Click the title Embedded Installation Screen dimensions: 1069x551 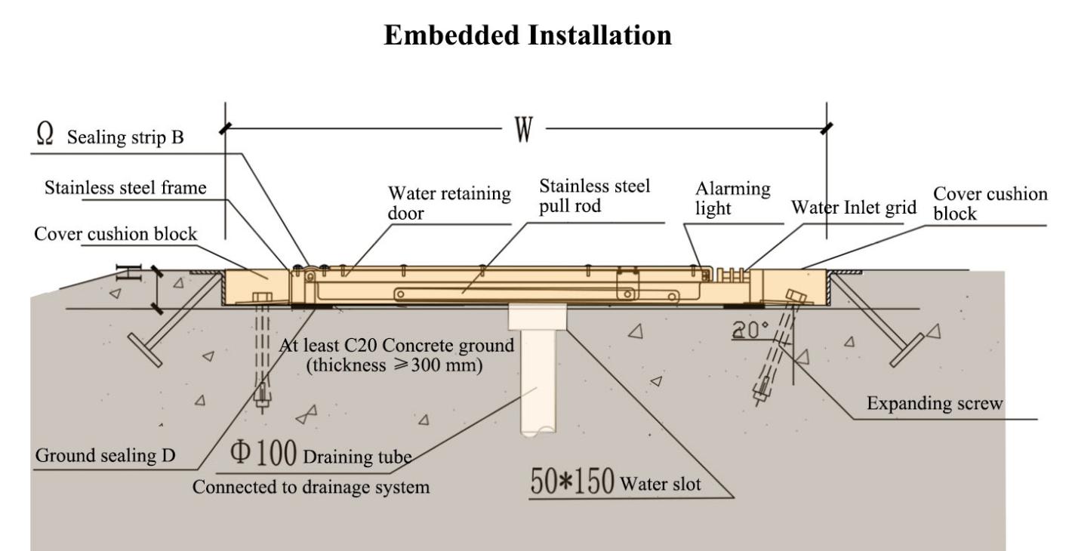(528, 35)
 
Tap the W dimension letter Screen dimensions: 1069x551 (523, 129)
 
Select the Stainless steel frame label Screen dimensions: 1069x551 (125, 187)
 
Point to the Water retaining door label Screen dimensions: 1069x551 (449, 203)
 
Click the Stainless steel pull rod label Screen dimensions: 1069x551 (595, 195)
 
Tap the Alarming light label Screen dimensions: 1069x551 (732, 198)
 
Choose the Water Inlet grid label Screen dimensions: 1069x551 (854, 208)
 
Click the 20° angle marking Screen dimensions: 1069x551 (750, 330)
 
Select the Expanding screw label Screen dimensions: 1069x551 (935, 404)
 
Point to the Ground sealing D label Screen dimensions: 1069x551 (105, 455)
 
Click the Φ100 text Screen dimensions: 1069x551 (263, 452)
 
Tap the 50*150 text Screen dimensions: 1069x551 (572, 481)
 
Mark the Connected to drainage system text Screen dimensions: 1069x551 (311, 487)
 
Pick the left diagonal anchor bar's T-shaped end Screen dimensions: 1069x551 (145, 350)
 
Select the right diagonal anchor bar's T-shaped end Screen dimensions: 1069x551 (907, 350)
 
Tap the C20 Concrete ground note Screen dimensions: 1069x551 (396, 355)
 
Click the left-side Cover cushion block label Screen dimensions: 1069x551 (116, 234)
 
